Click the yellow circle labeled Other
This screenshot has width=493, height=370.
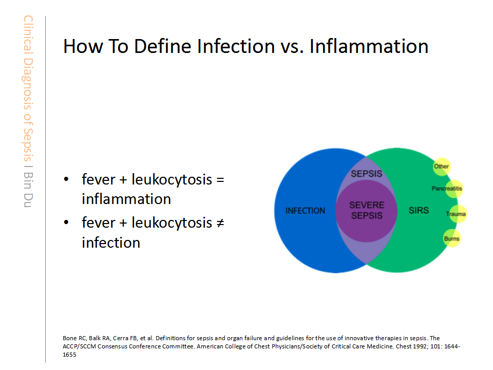click(x=442, y=166)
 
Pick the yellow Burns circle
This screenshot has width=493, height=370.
click(x=452, y=238)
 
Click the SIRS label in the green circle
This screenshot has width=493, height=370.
click(x=419, y=210)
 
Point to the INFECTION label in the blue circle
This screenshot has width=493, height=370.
click(x=305, y=211)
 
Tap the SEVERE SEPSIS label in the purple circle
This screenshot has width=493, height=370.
click(x=367, y=210)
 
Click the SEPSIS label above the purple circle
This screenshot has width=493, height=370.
click(x=366, y=174)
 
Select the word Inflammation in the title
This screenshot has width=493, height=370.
click(x=369, y=46)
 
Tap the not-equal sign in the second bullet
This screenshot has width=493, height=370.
click(x=220, y=223)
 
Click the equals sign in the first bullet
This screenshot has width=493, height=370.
click(x=220, y=180)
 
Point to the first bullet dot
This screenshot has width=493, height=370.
click(x=66, y=179)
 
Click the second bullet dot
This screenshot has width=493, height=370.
click(x=66, y=223)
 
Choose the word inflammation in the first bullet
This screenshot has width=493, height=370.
click(x=126, y=199)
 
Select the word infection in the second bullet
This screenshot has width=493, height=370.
click(x=111, y=243)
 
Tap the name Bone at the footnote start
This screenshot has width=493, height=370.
click(x=70, y=338)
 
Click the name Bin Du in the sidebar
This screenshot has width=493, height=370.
click(x=28, y=190)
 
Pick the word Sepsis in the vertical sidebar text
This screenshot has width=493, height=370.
click(x=28, y=144)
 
